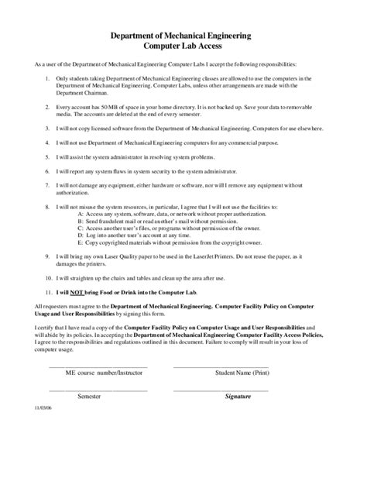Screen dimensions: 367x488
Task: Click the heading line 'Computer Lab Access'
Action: (x=183, y=46)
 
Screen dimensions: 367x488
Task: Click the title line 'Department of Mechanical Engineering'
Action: (x=183, y=36)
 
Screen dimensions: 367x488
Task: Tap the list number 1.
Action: (x=48, y=79)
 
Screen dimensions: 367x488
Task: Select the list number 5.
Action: (x=48, y=157)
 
